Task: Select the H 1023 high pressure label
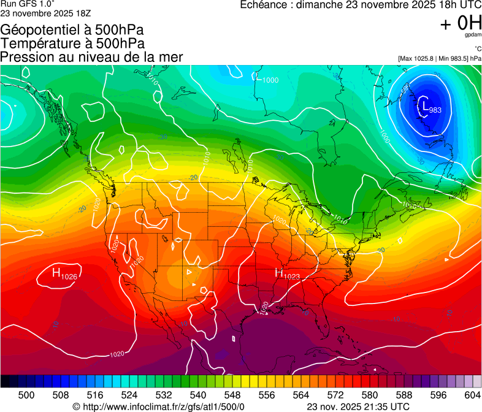pos(286,274)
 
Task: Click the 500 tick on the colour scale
pos(26,394)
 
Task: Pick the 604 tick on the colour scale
pos(473,394)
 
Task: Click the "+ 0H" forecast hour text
pos(460,23)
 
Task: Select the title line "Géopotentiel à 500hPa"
pos(72,30)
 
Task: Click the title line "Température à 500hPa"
pos(72,44)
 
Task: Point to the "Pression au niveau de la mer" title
pos(92,57)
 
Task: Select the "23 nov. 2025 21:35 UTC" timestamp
pos(358,406)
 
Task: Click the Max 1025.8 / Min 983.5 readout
pos(438,58)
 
